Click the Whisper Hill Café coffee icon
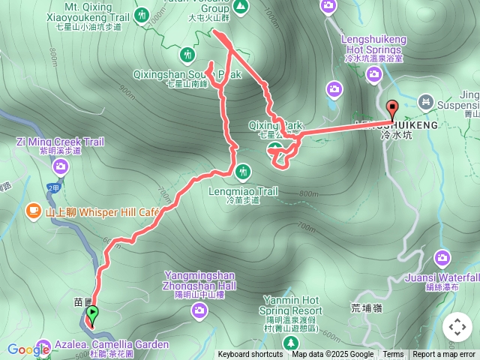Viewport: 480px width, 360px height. tap(34, 212)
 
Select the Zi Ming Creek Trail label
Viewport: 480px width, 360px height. tap(61, 142)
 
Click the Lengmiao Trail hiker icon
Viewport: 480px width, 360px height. tap(242, 172)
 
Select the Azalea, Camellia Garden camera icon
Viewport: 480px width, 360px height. tap(43, 346)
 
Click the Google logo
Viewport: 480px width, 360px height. tap(28, 349)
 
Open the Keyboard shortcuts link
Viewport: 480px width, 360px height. tap(250, 355)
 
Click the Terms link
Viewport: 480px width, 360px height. tap(393, 355)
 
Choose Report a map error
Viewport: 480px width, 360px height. tap(444, 355)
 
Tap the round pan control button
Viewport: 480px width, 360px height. tap(457, 327)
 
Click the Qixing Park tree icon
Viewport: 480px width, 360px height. tap(275, 148)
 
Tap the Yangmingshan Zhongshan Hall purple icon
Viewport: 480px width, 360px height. tap(199, 310)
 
